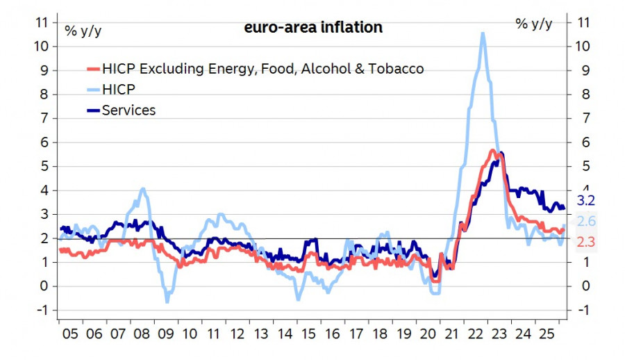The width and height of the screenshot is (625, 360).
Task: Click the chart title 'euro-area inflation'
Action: (x=312, y=28)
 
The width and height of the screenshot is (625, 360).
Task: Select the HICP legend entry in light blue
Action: (x=118, y=89)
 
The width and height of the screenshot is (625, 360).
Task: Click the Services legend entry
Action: (x=128, y=110)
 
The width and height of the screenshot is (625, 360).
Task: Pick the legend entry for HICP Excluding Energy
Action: (x=262, y=69)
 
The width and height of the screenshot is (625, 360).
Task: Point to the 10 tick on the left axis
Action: (x=42, y=47)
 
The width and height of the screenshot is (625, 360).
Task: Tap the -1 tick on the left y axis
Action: (x=42, y=310)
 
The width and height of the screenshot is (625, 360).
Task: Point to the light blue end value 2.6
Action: (x=587, y=222)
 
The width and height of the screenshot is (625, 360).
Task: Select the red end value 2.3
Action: (x=587, y=242)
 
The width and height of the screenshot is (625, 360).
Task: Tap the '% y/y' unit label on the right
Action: (x=533, y=24)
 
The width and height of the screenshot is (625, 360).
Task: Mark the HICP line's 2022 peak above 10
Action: (x=482, y=33)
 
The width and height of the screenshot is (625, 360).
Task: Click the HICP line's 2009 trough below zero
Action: (x=167, y=302)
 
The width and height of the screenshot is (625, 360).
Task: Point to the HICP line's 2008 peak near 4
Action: (x=143, y=188)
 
